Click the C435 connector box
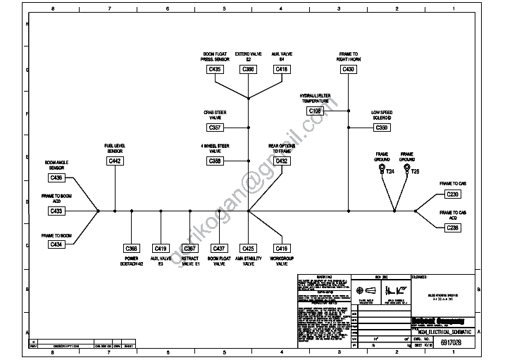[215, 70]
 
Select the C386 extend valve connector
[249, 70]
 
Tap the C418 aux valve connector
[282, 70]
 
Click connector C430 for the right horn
[349, 70]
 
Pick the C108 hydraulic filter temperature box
[315, 111]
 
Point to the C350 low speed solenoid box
[381, 128]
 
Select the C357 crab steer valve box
[215, 128]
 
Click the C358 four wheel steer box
[215, 161]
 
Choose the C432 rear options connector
[282, 161]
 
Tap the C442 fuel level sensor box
[115, 161]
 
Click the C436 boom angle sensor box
[57, 178]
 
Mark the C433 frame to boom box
[57, 211]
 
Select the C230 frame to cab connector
[453, 194]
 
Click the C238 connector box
[453, 228]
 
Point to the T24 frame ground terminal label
[390, 171]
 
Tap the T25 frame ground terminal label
[416, 171]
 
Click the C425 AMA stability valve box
[249, 249]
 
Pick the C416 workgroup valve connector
[282, 249]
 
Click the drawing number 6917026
[452, 342]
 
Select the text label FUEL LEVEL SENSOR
[115, 148]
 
